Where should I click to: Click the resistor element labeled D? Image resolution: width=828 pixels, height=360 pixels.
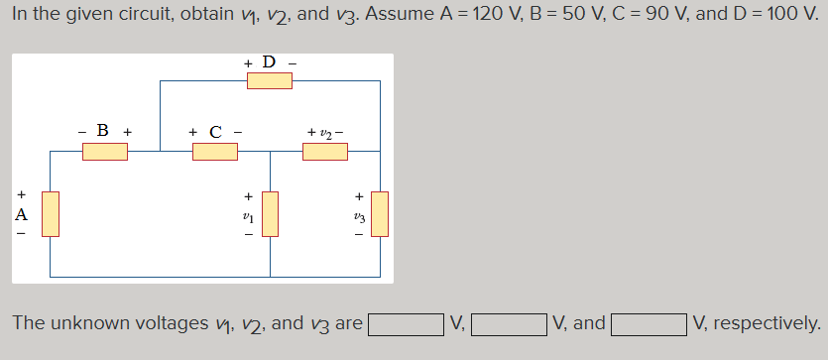point(269,80)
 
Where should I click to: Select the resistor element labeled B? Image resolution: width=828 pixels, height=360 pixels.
point(104,152)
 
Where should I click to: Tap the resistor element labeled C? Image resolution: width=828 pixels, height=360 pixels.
point(214,152)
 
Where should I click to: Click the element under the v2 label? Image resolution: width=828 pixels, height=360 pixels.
point(324,152)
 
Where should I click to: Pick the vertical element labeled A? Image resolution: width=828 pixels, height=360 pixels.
point(50,214)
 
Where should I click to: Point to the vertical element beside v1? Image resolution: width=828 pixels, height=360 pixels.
point(270,214)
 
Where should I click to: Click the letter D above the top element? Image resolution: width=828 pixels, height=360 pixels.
point(268,62)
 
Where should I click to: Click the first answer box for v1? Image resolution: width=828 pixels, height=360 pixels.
point(407,324)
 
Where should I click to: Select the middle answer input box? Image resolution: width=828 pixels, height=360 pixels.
point(510,324)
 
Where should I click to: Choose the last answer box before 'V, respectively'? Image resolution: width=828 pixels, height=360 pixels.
point(650,324)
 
